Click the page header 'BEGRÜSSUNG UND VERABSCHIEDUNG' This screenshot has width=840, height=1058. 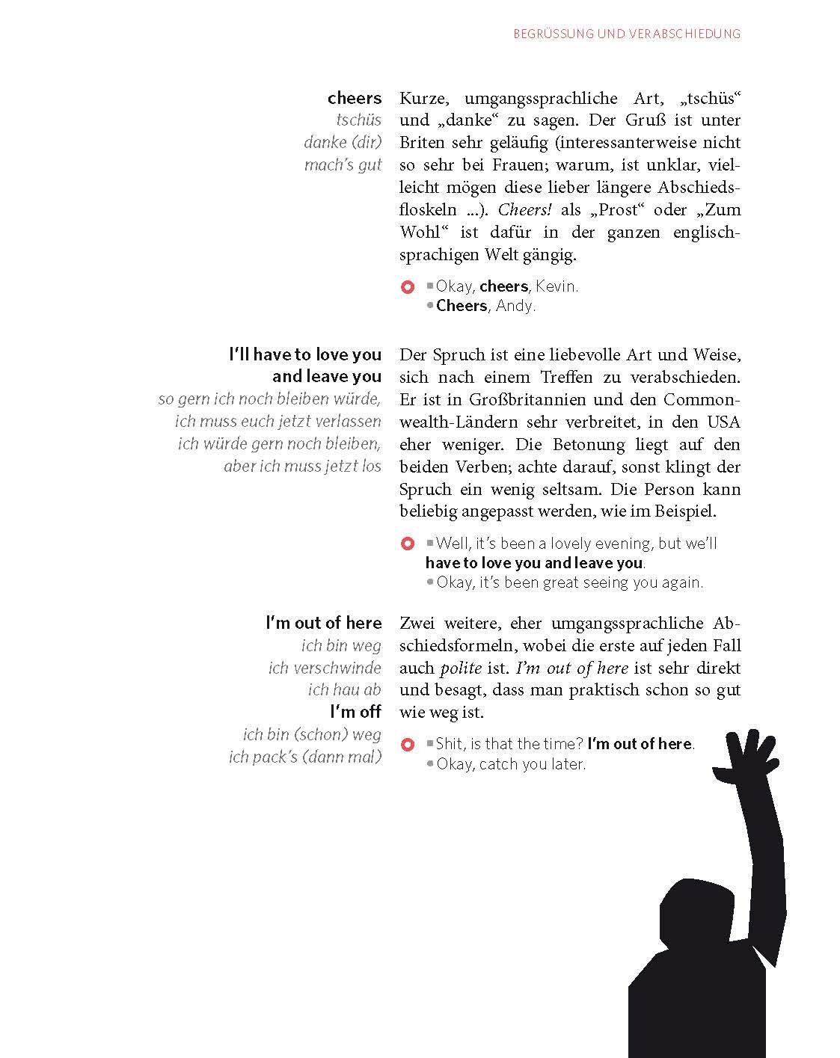point(626,34)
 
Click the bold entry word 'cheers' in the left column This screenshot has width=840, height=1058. point(354,98)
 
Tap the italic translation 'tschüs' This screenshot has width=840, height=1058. point(358,120)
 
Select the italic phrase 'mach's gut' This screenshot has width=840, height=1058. point(343,164)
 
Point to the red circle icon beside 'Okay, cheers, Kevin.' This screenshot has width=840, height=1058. point(408,287)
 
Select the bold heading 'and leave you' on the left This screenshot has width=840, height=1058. point(326,376)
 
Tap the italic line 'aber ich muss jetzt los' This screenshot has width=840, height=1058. point(302,466)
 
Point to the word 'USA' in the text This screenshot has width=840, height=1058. point(723,422)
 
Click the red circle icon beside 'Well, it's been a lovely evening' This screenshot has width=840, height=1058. point(408,544)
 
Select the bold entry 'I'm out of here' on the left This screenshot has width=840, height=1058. point(323,623)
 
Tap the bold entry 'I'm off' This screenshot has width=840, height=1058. point(355,711)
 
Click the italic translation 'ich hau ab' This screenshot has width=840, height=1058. point(344,689)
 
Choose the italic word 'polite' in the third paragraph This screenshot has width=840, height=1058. point(460,668)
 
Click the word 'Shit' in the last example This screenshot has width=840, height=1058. point(449,744)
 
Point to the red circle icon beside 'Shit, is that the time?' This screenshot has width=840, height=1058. point(408,745)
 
